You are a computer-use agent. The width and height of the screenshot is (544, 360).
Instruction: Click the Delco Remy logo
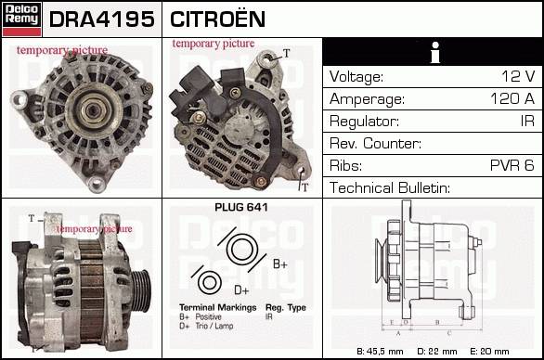pyautogui.click(x=21, y=19)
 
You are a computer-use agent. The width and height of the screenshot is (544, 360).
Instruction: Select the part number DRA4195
pyautogui.click(x=102, y=19)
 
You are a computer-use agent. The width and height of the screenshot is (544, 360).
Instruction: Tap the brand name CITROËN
pyautogui.click(x=217, y=19)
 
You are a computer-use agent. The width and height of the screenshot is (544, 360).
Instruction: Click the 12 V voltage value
pyautogui.click(x=518, y=76)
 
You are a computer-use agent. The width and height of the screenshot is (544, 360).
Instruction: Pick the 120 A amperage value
pyautogui.click(x=512, y=98)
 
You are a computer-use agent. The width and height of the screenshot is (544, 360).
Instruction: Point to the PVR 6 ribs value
pyautogui.click(x=512, y=165)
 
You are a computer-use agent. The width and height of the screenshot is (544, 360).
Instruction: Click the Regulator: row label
pyautogui.click(x=364, y=122)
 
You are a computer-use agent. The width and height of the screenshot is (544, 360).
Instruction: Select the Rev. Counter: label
pyautogui.click(x=375, y=143)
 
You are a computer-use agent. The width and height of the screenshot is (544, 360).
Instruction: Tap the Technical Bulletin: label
pyautogui.click(x=390, y=187)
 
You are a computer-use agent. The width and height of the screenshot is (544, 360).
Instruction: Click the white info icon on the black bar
pyautogui.click(x=435, y=52)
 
